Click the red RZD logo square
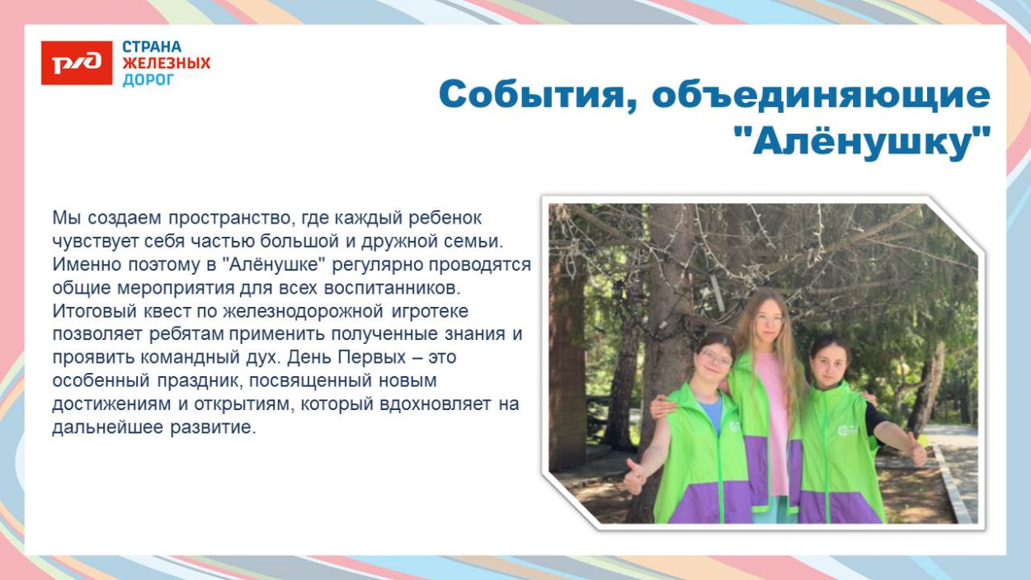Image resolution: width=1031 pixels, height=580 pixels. (76, 63)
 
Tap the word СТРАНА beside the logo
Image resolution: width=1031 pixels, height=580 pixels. (152, 47)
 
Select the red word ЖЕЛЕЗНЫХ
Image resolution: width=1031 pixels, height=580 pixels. (167, 64)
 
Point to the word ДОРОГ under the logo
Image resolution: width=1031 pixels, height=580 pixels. (148, 80)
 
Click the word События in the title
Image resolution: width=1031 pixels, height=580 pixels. (536, 95)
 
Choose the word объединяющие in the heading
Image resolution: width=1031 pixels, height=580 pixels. (821, 95)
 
